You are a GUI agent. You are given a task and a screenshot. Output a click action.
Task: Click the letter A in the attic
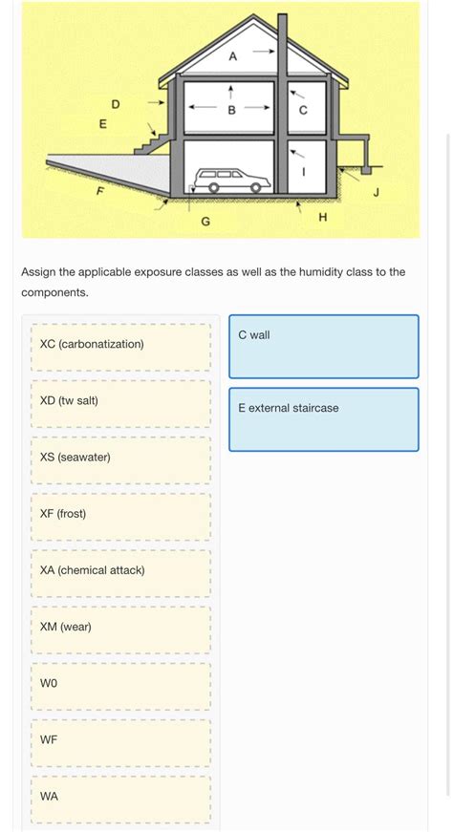[x=232, y=56]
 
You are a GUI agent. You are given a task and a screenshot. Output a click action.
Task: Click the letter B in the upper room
[x=231, y=110]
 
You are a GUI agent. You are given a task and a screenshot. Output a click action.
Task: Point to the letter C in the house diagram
[x=303, y=110]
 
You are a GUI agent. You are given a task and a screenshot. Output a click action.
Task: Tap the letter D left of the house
[x=116, y=103]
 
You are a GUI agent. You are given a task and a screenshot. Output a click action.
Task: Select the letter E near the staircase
[x=103, y=124]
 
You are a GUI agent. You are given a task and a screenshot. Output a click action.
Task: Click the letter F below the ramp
[x=98, y=192]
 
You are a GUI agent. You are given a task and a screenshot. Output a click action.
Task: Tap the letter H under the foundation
[x=322, y=219]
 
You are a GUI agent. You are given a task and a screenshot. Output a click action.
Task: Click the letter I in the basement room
[x=304, y=172]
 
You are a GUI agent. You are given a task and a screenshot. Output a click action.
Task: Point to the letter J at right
[x=376, y=192]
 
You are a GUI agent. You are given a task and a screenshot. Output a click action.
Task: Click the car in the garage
[x=229, y=181]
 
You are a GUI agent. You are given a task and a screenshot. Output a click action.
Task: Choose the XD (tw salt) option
[x=120, y=402]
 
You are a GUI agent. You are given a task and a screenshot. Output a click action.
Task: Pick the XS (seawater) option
[x=120, y=459]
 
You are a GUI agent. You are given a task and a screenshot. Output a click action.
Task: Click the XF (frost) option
[x=120, y=516]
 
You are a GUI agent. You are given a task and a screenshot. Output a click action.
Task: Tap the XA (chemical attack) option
[x=120, y=572]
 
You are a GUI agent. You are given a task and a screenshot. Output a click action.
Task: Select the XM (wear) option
[x=120, y=629]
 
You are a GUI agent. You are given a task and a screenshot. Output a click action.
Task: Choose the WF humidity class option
[x=120, y=741]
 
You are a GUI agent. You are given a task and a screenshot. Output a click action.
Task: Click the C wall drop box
[x=323, y=347]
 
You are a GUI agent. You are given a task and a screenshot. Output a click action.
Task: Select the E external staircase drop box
[x=323, y=419]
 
